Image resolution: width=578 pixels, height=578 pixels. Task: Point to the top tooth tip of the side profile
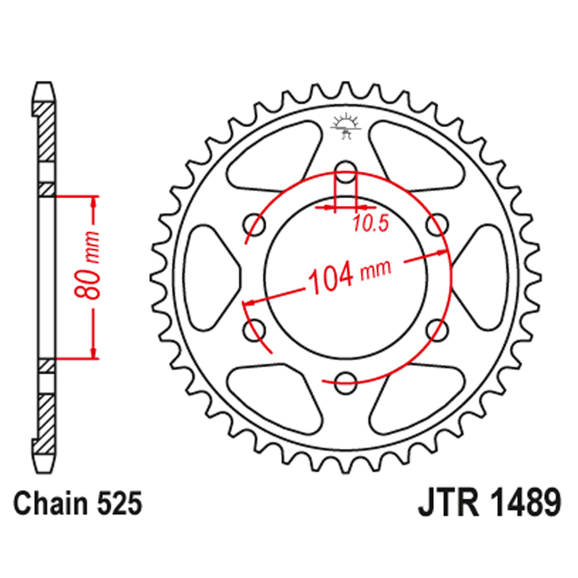click(x=46, y=90)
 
